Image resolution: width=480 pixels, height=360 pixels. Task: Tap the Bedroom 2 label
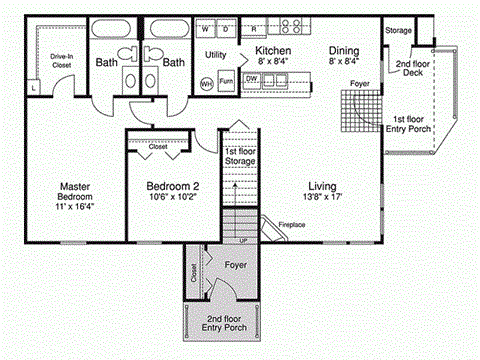(x=173, y=186)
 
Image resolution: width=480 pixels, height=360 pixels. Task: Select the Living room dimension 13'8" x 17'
(x=321, y=198)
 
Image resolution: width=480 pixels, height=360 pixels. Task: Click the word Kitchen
(x=273, y=49)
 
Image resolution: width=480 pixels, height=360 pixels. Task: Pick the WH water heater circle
(x=206, y=84)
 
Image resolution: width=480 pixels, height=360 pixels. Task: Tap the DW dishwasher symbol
(x=253, y=77)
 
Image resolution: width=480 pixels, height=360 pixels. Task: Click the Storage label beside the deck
(x=398, y=31)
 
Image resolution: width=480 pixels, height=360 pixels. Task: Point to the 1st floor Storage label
(x=238, y=156)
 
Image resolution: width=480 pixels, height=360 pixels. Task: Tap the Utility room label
(x=216, y=54)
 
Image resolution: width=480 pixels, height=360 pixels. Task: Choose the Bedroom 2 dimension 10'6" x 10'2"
(x=173, y=198)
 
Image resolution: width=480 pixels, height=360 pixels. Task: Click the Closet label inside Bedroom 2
(x=158, y=146)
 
